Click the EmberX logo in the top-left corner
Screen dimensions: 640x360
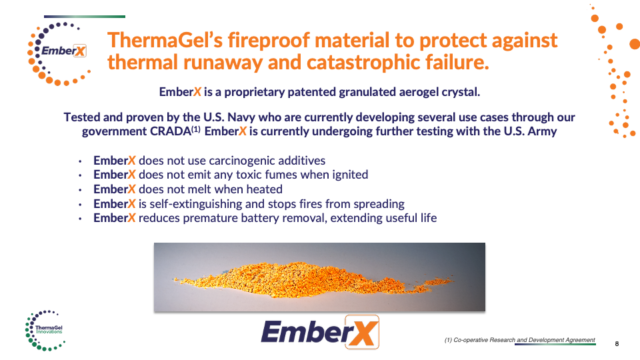pos(59,53)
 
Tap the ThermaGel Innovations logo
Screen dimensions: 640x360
pos(45,330)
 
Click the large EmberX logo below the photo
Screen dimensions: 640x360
pos(320,332)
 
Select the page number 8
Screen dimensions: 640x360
pos(616,344)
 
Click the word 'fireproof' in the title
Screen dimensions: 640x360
pos(269,41)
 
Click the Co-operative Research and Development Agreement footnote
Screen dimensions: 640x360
pos(519,340)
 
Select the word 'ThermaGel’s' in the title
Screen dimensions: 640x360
pos(165,41)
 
